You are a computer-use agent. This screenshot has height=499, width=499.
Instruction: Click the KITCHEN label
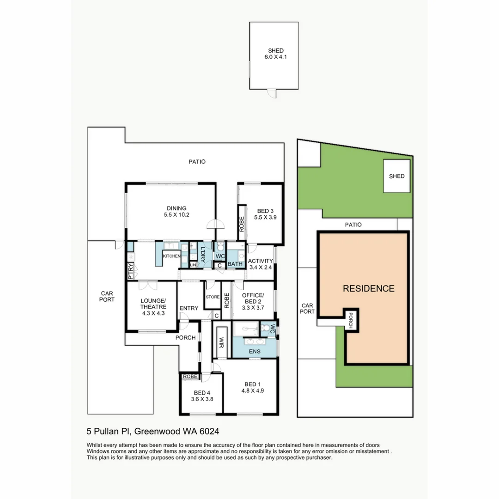[x=171, y=256]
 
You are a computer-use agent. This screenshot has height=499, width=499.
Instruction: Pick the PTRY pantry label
[x=131, y=271]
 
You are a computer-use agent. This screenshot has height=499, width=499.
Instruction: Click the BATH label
[x=235, y=264]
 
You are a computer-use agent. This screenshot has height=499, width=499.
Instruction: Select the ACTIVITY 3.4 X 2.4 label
[x=261, y=264]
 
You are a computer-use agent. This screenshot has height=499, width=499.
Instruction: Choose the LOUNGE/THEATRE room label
[x=152, y=306]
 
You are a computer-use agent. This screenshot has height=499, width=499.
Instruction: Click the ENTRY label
[x=189, y=308]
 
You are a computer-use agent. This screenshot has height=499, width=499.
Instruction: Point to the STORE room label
[x=213, y=297]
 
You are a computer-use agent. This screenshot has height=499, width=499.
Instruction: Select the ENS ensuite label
[x=254, y=351]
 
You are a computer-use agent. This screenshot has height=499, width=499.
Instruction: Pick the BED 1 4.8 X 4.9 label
[x=252, y=387]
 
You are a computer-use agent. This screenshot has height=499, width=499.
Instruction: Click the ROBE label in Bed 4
[x=190, y=377]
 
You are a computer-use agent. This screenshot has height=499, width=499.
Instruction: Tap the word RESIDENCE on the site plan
[x=368, y=289]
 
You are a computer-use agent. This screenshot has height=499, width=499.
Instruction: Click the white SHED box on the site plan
[x=396, y=176]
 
